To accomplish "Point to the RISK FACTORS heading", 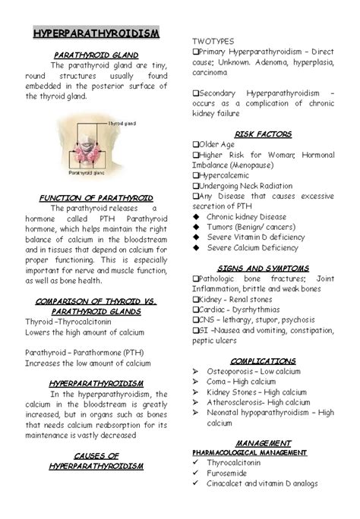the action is pyautogui.click(x=263, y=134).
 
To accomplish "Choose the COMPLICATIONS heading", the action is pyautogui.click(x=263, y=360).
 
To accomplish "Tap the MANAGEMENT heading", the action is pyautogui.click(x=263, y=442).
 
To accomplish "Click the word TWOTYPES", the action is pyautogui.click(x=213, y=39).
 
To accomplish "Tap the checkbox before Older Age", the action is pyautogui.click(x=195, y=145).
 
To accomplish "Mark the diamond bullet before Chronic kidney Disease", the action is pyautogui.click(x=196, y=217).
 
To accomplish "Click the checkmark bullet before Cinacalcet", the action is pyautogui.click(x=196, y=483).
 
